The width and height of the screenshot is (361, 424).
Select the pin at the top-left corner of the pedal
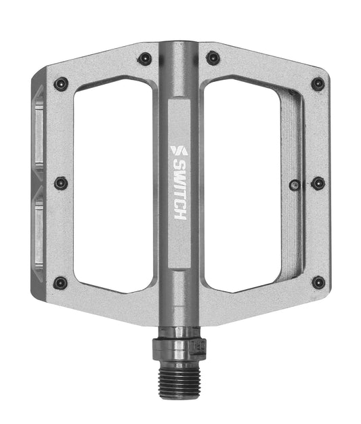pyautogui.click(x=62, y=84)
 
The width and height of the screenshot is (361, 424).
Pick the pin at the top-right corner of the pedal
pyautogui.click(x=317, y=84)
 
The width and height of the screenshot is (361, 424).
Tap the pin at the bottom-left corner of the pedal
pyautogui.click(x=61, y=282)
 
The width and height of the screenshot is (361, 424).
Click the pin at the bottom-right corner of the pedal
pyautogui.click(x=318, y=281)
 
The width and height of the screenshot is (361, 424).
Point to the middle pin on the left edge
pyautogui.click(x=61, y=183)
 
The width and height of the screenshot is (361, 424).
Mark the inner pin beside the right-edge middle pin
pyautogui.click(x=295, y=184)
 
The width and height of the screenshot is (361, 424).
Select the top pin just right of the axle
pyautogui.click(x=213, y=58)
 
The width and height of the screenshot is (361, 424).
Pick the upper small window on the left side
pyautogui.click(x=39, y=132)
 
